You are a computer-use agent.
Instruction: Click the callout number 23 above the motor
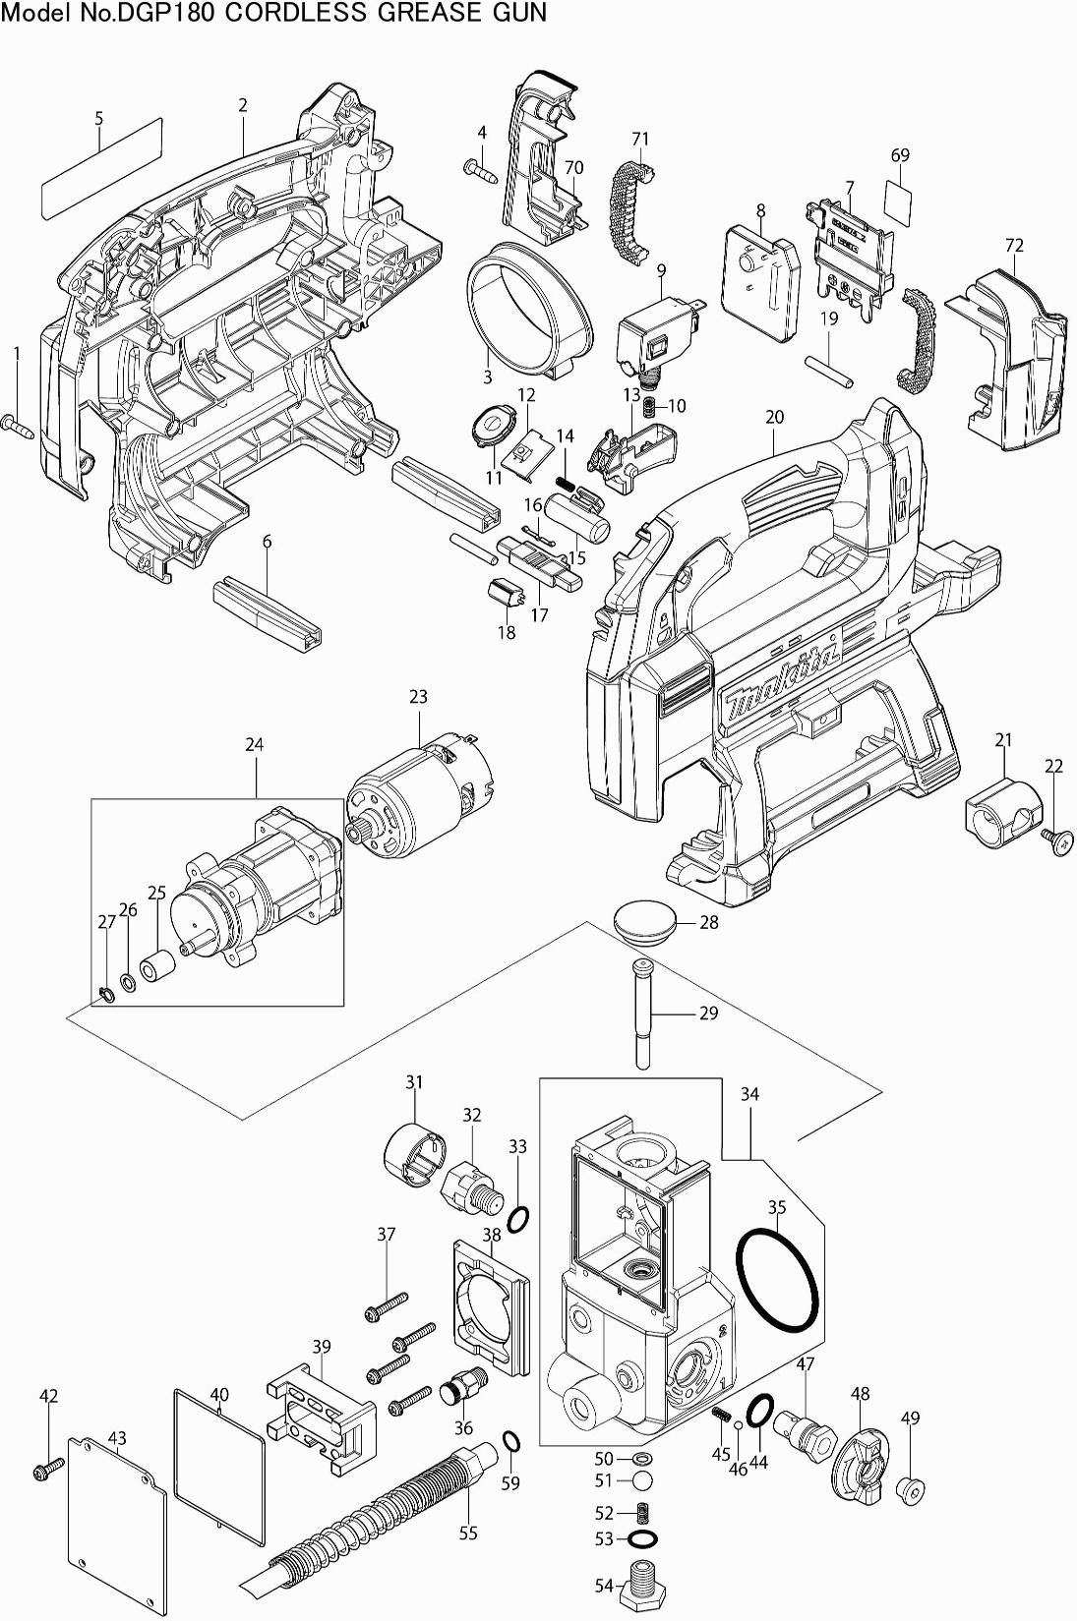coord(419,697)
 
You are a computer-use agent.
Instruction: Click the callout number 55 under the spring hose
coord(468,1533)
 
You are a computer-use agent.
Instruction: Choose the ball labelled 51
coord(641,1480)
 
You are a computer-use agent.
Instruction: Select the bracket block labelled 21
coord(998,811)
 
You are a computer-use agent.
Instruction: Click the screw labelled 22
coord(1055,839)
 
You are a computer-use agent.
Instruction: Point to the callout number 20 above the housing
coord(774,417)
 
